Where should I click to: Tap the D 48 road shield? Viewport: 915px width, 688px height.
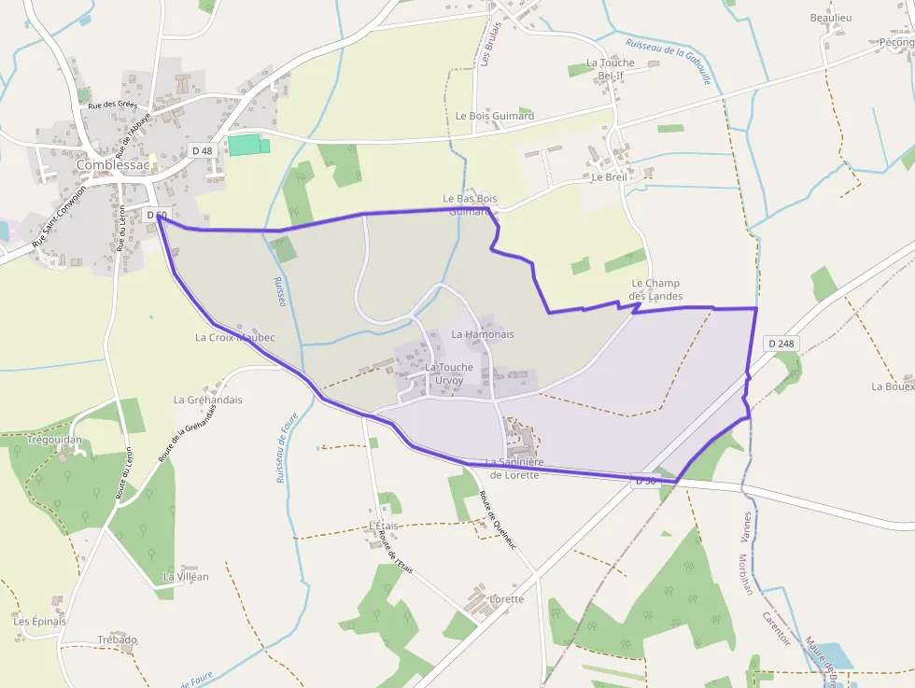click(x=202, y=150)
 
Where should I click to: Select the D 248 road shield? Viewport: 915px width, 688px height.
click(x=781, y=344)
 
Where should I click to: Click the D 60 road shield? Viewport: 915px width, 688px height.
click(x=157, y=216)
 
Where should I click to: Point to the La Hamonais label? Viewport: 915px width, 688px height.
click(x=482, y=334)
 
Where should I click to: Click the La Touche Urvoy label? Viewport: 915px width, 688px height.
click(x=449, y=373)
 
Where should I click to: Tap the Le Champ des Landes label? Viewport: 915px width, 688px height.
click(x=655, y=289)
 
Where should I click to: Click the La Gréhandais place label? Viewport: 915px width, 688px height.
click(x=207, y=400)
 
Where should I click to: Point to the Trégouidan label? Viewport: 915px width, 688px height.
click(x=55, y=440)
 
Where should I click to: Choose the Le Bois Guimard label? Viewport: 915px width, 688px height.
click(x=495, y=116)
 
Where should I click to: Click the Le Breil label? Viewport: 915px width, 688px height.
click(x=609, y=177)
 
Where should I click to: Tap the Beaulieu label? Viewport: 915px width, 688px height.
click(x=831, y=18)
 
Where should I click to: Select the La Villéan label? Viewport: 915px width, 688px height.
click(x=186, y=577)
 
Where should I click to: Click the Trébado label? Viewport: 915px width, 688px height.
click(x=118, y=640)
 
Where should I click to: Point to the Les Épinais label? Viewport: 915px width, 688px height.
click(x=40, y=621)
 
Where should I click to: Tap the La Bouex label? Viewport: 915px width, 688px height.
click(x=892, y=386)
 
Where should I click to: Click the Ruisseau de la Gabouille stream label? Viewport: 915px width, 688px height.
click(x=669, y=62)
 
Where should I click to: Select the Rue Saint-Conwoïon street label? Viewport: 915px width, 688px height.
click(x=60, y=215)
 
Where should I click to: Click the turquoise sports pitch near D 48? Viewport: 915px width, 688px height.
click(x=248, y=145)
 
